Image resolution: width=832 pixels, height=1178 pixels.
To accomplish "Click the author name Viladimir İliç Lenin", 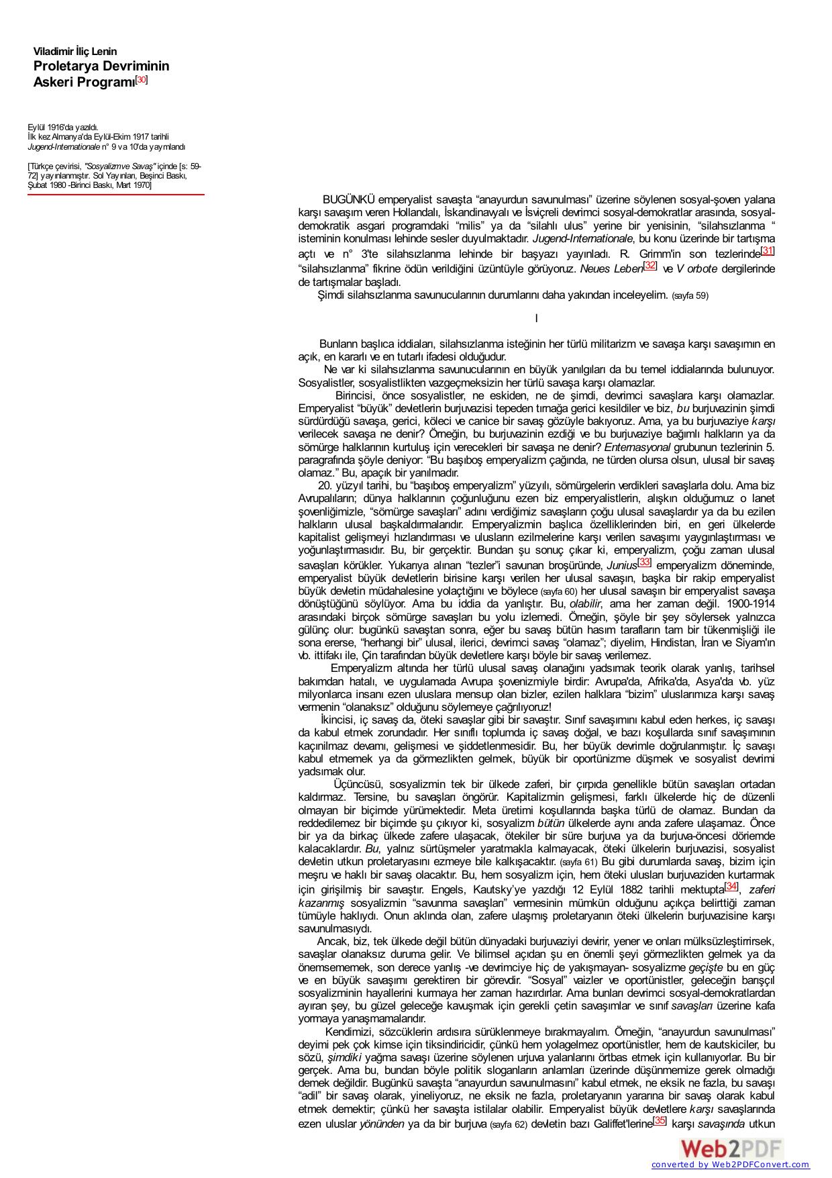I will pyautogui.click(x=75, y=52).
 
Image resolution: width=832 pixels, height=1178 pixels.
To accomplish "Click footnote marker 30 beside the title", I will pyautogui.click(x=142, y=80).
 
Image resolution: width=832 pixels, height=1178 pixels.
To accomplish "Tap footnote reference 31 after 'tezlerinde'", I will pyautogui.click(x=768, y=251).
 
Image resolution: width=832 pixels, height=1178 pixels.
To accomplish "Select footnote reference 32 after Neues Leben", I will pyautogui.click(x=649, y=266).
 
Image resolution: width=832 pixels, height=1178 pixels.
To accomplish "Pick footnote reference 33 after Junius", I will pyautogui.click(x=644, y=562).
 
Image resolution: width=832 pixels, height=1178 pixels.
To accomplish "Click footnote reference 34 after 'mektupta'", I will pyautogui.click(x=731, y=887).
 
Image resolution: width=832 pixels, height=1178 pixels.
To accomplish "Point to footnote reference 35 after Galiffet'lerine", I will pyautogui.click(x=660, y=1121).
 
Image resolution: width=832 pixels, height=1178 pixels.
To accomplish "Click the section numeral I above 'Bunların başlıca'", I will pyautogui.click(x=536, y=318).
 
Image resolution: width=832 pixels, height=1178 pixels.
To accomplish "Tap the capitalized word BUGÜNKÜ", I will pyautogui.click(x=348, y=199).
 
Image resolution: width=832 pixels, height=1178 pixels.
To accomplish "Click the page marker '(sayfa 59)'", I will pyautogui.click(x=690, y=295).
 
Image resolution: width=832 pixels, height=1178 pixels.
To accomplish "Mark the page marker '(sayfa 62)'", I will pyautogui.click(x=508, y=1124).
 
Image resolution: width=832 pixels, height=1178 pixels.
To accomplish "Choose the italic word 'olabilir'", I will pyautogui.click(x=586, y=604).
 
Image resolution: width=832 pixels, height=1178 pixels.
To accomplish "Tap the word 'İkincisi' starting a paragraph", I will pyautogui.click(x=340, y=720).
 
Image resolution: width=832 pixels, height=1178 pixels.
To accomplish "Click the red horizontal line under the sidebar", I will pyautogui.click(x=115, y=195).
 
